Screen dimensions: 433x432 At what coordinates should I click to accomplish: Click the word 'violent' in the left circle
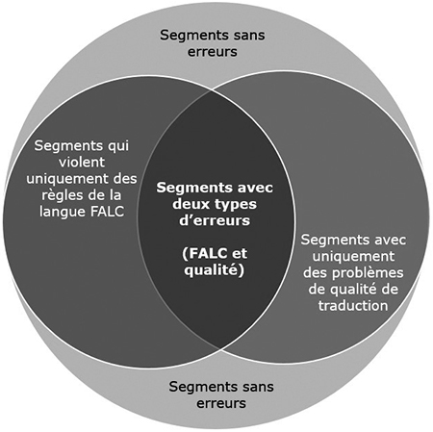[82, 162]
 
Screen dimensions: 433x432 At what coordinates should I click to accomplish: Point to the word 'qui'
[118, 146]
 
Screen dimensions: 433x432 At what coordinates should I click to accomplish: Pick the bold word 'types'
[236, 205]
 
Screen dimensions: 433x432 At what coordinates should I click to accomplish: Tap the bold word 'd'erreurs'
[215, 220]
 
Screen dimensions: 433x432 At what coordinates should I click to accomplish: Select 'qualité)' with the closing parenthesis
[214, 270]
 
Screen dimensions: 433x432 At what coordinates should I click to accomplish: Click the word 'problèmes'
[368, 273]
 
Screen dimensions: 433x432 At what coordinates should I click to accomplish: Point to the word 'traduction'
[353, 306]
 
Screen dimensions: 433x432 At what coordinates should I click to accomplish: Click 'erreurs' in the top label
[213, 52]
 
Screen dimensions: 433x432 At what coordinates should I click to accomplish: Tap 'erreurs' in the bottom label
[221, 403]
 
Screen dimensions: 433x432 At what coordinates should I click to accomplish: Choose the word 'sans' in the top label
[249, 36]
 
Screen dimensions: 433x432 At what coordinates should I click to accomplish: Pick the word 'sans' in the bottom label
[258, 387]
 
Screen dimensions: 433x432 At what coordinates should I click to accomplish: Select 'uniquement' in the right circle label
[353, 257]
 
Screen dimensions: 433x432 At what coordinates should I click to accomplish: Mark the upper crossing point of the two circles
[212, 90]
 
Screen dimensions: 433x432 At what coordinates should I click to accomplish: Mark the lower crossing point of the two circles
[219, 350]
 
